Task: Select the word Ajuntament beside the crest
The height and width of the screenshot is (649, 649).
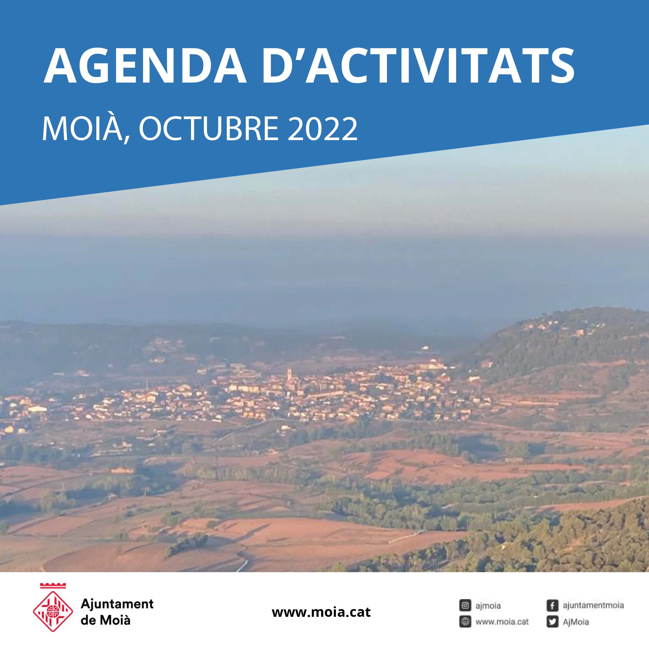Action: point(117,604)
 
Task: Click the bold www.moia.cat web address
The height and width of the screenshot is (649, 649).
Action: point(321,612)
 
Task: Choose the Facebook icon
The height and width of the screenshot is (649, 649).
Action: point(552,605)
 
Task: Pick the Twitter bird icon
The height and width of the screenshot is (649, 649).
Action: point(552,622)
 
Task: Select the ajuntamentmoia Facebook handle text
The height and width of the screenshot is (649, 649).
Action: point(593,605)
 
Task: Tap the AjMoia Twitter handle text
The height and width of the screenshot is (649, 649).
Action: point(576,622)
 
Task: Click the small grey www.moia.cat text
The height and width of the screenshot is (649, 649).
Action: point(502,622)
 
